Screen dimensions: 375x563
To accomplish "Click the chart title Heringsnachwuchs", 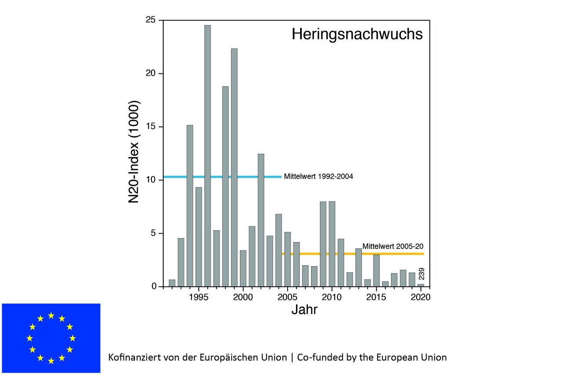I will pos(357,34).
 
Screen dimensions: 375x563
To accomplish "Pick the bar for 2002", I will pos(261,220).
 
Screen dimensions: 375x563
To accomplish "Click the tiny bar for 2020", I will pos(421,285).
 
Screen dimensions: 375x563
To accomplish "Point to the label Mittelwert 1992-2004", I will pos(319,177).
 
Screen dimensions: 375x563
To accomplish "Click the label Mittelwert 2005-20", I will pos(393,246).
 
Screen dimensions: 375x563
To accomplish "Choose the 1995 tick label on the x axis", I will pos(198,297).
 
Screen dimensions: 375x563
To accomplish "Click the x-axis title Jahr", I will pos(304,310).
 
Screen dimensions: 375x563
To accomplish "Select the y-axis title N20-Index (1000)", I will pos(134,152).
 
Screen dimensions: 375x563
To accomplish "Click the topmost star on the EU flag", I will pos(51,315).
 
